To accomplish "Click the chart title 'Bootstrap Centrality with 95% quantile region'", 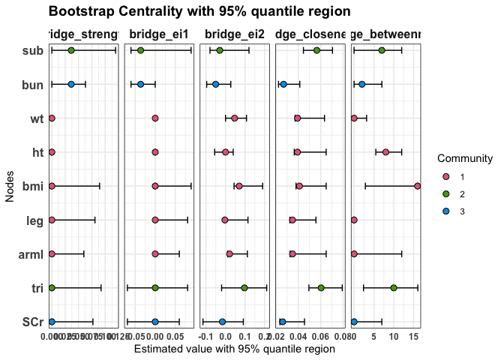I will pyautogui.click(x=199, y=11).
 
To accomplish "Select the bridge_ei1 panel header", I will pyautogui.click(x=159, y=34).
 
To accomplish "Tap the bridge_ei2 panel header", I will pyautogui.click(x=234, y=34).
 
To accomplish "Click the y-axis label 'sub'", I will pyautogui.click(x=32, y=50).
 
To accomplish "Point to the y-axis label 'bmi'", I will pyautogui.click(x=32, y=186).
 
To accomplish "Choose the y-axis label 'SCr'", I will pyautogui.click(x=32, y=322).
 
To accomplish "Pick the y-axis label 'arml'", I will pyautogui.click(x=31, y=254).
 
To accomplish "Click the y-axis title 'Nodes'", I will pyautogui.click(x=10, y=186).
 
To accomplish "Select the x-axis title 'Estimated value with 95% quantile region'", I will pyautogui.click(x=234, y=349).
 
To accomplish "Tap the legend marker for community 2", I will pyautogui.click(x=445, y=193).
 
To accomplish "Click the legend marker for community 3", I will pyautogui.click(x=445, y=211).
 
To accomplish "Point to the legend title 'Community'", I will pyautogui.click(x=465, y=159).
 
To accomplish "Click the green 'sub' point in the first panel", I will pyautogui.click(x=71, y=50).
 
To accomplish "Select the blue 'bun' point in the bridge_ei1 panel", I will pyautogui.click(x=140, y=84).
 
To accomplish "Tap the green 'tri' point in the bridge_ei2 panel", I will pyautogui.click(x=244, y=288).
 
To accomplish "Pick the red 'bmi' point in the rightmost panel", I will pyautogui.click(x=417, y=186).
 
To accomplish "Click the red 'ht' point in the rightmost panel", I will pyautogui.click(x=385, y=152).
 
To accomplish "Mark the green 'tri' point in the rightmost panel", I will pyautogui.click(x=394, y=288).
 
